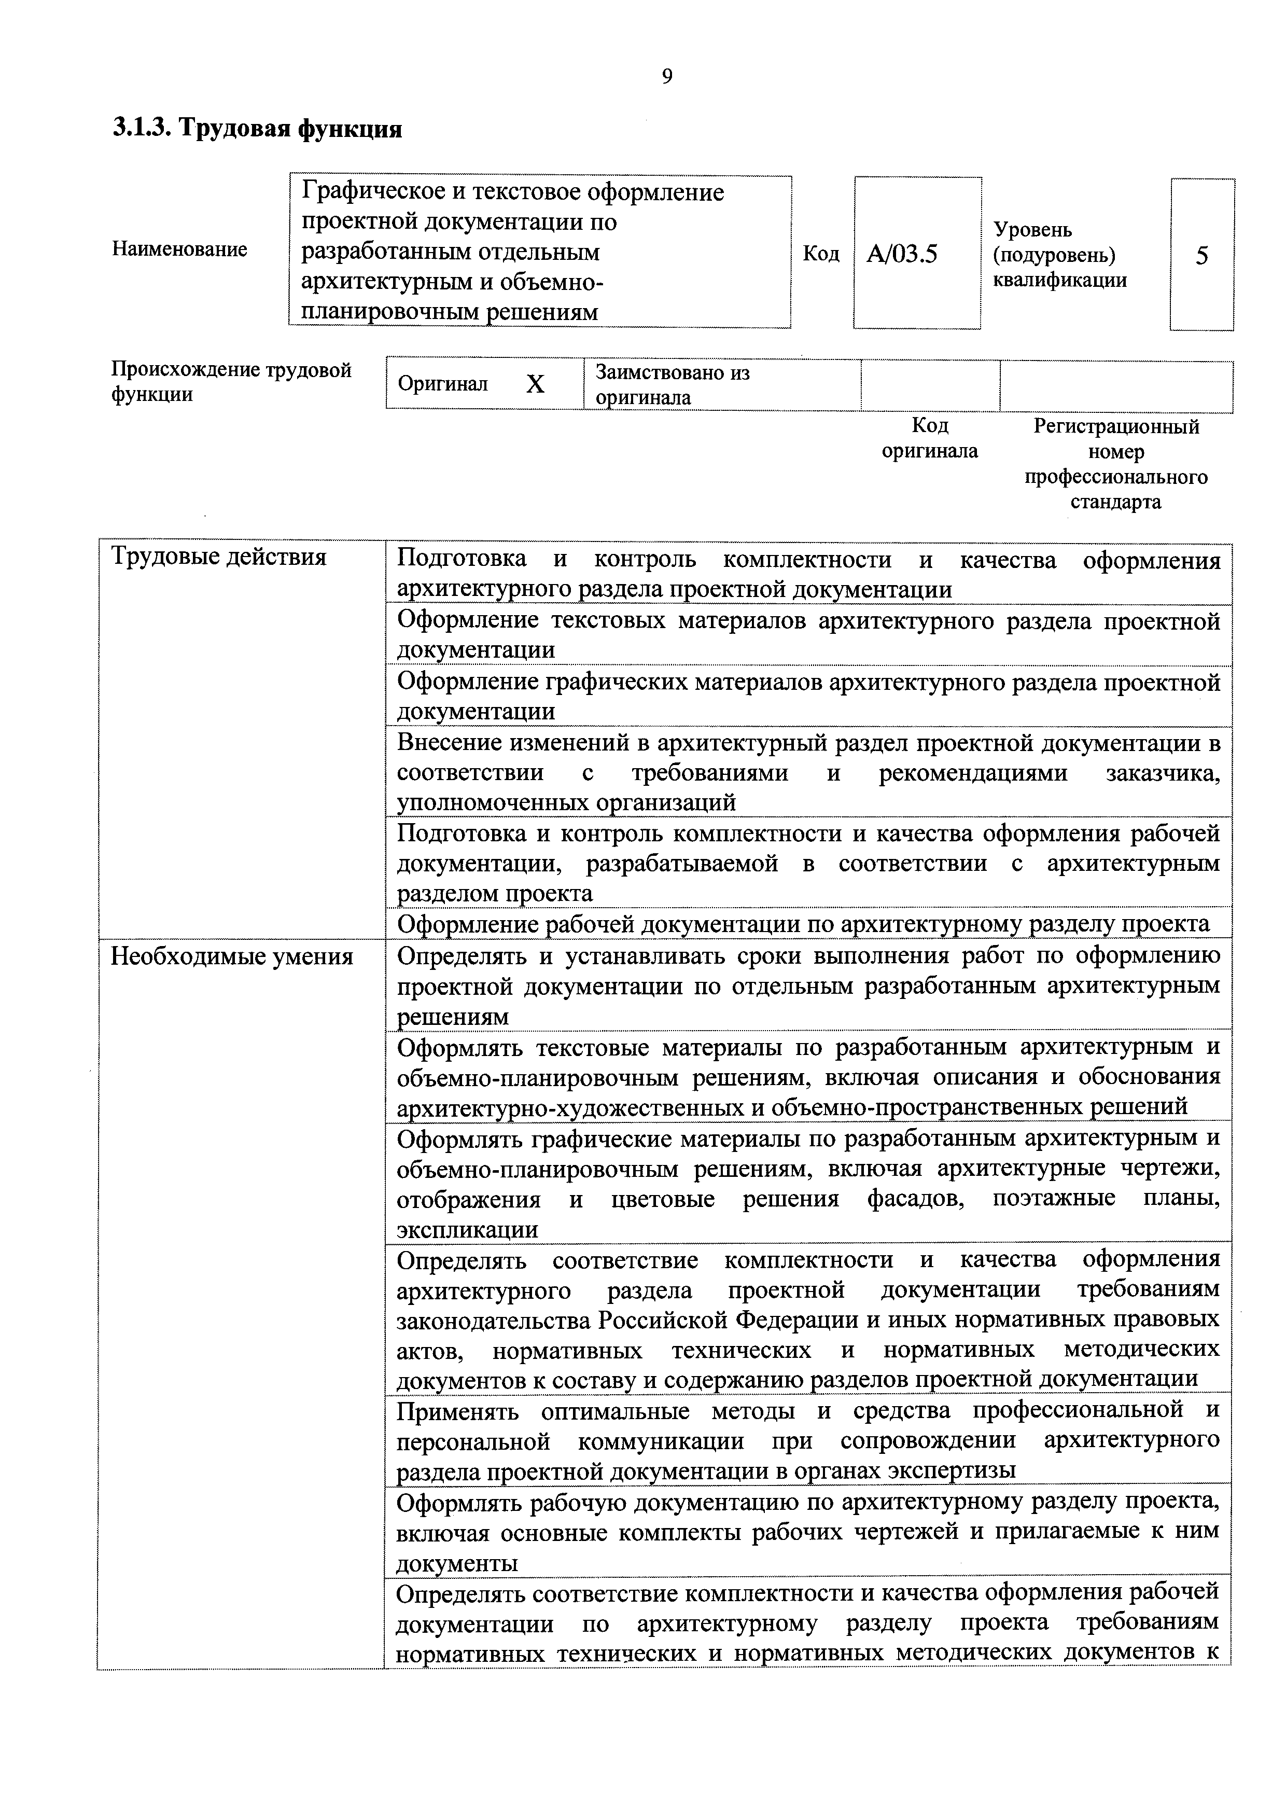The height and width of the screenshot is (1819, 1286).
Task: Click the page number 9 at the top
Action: click(x=667, y=76)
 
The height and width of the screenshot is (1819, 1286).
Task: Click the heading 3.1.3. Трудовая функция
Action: click(x=257, y=128)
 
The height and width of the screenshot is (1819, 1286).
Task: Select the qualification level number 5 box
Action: click(x=1201, y=255)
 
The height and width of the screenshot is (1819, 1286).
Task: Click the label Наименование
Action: click(x=180, y=249)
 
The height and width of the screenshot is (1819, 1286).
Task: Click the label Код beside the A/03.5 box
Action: click(x=821, y=254)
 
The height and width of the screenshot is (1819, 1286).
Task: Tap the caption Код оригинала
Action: click(x=930, y=438)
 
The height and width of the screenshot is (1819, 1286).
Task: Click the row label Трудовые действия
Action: click(x=218, y=557)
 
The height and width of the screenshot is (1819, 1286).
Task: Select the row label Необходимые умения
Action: click(x=232, y=956)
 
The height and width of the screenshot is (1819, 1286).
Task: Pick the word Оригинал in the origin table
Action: click(x=443, y=384)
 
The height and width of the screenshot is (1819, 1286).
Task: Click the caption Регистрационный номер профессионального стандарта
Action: click(x=1116, y=464)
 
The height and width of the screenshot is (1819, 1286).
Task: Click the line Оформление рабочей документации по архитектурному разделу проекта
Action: click(x=802, y=924)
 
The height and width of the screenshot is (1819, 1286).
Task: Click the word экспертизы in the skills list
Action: click(x=951, y=1471)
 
